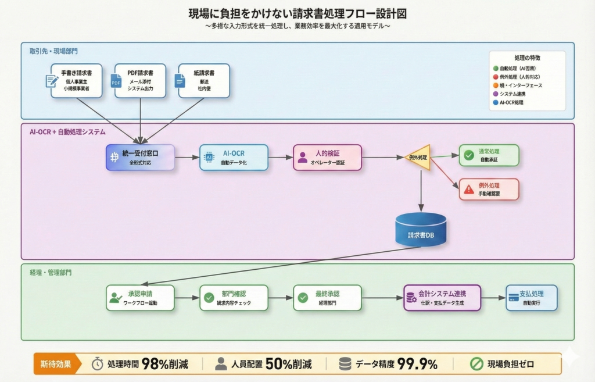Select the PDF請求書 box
[x=139, y=80]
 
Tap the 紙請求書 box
[x=203, y=80]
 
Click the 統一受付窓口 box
[x=140, y=157]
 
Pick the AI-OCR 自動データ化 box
[x=234, y=157]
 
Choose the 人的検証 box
[x=327, y=157]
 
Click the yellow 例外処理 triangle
[x=418, y=157]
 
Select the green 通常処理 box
[x=489, y=155]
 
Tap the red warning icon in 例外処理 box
[x=469, y=189]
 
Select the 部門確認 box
[x=234, y=298]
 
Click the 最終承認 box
[x=327, y=298]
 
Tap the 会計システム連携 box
[x=443, y=298]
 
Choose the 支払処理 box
[x=532, y=298]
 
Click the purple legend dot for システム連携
[x=495, y=94]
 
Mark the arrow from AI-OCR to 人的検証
[x=281, y=157]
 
